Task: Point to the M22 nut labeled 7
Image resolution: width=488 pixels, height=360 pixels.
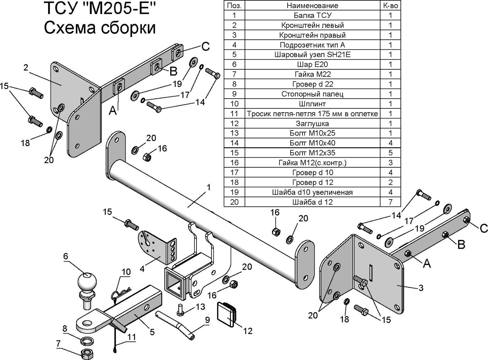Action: tap(87, 354)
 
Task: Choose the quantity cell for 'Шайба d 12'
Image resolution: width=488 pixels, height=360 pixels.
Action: tap(390, 202)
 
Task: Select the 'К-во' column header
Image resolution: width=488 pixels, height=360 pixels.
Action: tap(390, 6)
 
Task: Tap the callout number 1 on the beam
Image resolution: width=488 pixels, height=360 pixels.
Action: tap(209, 187)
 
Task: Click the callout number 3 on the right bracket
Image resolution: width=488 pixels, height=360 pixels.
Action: tap(421, 288)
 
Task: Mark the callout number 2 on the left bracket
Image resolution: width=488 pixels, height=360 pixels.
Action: tap(26, 68)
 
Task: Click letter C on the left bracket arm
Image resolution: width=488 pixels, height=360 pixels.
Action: tap(205, 47)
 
